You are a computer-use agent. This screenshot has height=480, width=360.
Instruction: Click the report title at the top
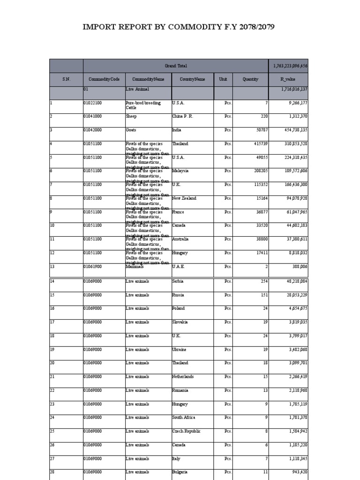(x=179, y=27)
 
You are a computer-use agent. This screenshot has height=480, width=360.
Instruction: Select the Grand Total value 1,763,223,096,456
(x=291, y=66)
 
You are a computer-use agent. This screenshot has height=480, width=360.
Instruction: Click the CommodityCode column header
(x=104, y=79)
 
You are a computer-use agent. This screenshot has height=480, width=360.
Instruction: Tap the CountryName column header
(x=193, y=79)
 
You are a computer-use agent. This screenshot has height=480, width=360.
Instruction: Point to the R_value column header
(x=289, y=79)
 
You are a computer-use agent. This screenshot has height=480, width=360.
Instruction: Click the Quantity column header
(x=250, y=79)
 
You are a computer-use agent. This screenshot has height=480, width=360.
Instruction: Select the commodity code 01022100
(x=95, y=103)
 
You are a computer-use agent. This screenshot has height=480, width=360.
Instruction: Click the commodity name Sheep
(x=131, y=116)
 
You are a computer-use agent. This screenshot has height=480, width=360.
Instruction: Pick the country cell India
(x=177, y=130)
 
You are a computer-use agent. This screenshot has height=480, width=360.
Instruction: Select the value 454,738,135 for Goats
(x=292, y=130)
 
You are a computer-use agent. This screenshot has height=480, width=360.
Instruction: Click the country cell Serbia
(x=178, y=281)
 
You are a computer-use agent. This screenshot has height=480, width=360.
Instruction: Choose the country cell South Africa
(x=184, y=417)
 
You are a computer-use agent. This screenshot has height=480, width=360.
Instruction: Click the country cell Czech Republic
(x=186, y=431)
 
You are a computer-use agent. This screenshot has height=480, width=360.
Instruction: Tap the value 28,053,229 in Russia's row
(x=293, y=295)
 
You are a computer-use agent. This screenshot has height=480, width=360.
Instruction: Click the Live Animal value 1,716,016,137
(x=294, y=89)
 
